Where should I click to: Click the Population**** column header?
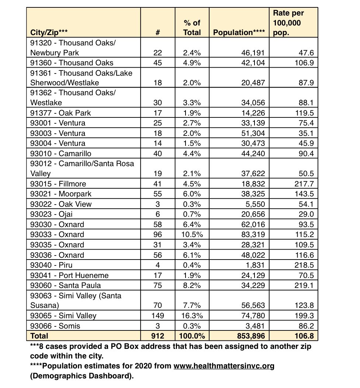click(239, 32)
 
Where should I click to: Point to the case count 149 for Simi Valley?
click(157, 316)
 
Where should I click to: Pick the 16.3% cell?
click(192, 316)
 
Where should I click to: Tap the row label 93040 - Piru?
click(52, 265)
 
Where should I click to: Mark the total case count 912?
click(157, 336)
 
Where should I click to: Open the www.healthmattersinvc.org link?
click(224, 366)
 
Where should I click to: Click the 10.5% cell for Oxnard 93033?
click(192, 234)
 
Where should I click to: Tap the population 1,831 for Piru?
click(256, 265)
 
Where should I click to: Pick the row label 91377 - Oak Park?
click(60, 113)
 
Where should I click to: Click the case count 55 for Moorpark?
click(157, 194)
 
